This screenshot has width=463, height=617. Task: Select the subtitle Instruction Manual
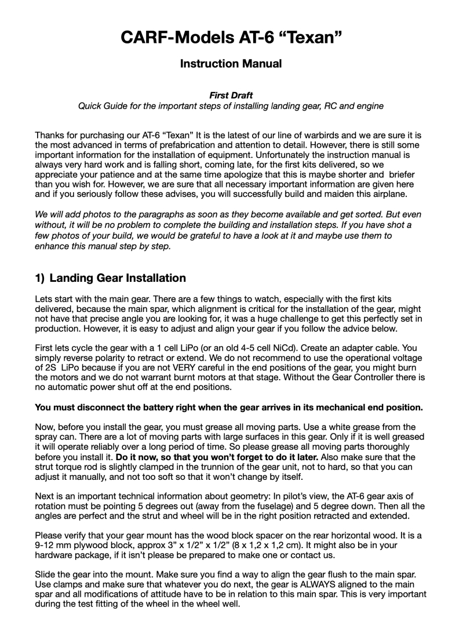click(x=231, y=79)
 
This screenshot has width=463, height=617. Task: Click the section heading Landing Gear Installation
click(x=118, y=278)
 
